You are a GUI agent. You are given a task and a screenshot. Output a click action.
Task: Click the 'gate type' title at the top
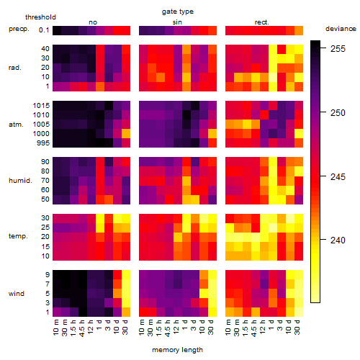click(178, 12)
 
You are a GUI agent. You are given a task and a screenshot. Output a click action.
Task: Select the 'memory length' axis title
click(177, 350)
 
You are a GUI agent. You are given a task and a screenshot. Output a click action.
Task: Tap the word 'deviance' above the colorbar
click(341, 29)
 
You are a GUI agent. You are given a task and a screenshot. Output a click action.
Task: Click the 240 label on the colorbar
click(338, 240)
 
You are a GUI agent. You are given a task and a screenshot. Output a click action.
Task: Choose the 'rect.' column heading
click(262, 22)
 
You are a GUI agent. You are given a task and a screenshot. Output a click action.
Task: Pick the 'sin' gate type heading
click(177, 22)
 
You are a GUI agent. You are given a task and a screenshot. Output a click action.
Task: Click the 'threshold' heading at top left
click(40, 17)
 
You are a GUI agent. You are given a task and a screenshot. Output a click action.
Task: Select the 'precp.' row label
click(19, 29)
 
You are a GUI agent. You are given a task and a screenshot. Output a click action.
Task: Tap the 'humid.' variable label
click(20, 181)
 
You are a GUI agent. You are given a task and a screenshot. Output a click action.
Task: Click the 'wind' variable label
click(17, 294)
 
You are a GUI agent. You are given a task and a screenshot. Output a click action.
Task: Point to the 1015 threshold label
click(41, 105)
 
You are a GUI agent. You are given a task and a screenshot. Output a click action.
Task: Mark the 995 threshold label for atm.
click(43, 143)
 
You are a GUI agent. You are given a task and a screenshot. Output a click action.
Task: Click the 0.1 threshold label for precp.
click(44, 30)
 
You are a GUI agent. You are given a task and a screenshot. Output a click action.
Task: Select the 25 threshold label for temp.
click(45, 227)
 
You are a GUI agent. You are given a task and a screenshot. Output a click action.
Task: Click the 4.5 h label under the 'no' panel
click(82, 328)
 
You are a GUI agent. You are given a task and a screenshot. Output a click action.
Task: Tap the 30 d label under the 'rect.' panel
click(297, 328)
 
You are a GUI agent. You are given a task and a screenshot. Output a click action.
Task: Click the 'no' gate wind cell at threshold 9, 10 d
click(117, 275)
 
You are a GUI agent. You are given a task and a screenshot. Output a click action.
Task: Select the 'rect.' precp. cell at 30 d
click(299, 30)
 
